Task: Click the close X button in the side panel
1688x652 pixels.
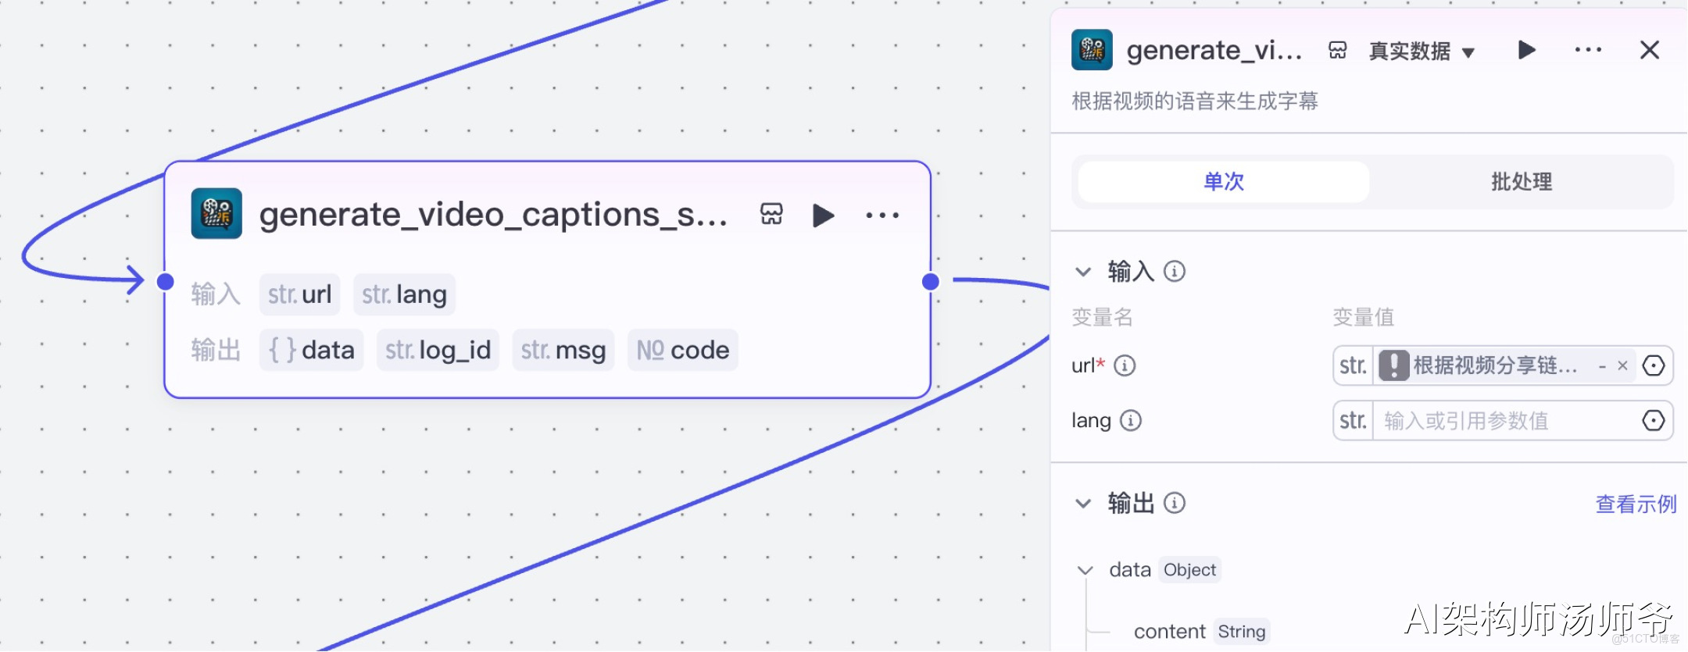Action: click(1649, 50)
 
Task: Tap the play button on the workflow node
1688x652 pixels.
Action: click(823, 215)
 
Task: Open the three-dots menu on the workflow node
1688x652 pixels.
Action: click(882, 215)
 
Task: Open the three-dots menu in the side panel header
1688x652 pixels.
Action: click(1588, 50)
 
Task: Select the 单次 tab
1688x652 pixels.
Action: click(1224, 182)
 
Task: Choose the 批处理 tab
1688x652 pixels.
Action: click(1521, 182)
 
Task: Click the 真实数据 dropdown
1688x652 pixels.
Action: click(1422, 52)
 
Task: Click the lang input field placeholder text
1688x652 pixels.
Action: click(1466, 421)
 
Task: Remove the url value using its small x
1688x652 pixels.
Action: click(1622, 365)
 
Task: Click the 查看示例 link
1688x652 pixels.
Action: click(1636, 504)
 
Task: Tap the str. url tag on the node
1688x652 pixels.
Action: click(299, 294)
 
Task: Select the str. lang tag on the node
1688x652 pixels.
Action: click(404, 294)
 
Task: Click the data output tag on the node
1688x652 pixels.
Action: click(311, 350)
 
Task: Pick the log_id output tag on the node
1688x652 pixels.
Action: click(438, 350)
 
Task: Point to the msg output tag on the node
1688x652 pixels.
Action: click(563, 350)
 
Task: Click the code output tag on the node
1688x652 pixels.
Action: click(682, 350)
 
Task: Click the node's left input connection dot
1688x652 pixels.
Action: click(165, 281)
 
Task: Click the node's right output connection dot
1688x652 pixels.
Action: click(930, 281)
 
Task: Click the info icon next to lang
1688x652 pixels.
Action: click(1130, 421)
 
